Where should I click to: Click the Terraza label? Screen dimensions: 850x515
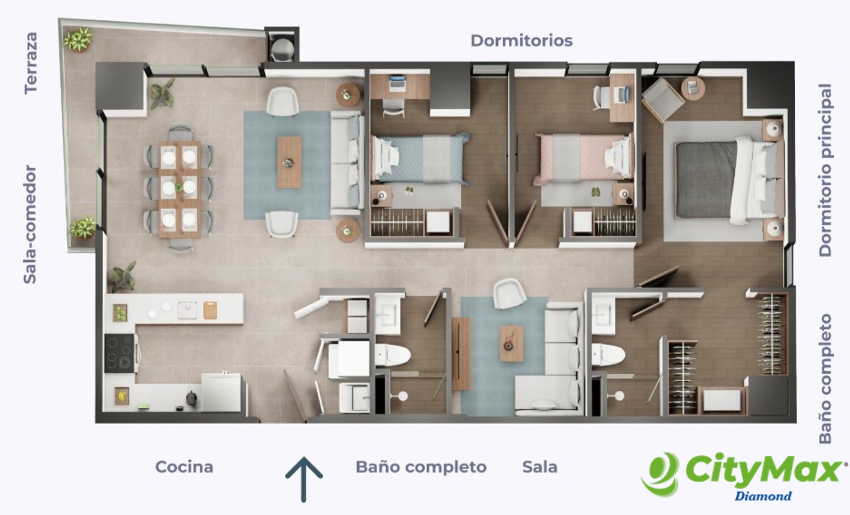click(31, 63)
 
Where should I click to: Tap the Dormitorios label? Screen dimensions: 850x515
click(521, 41)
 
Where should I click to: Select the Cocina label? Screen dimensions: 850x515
click(184, 467)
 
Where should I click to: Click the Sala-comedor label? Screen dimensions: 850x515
click(30, 225)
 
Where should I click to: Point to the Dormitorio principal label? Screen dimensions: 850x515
click(826, 170)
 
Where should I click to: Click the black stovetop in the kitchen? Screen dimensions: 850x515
click(120, 353)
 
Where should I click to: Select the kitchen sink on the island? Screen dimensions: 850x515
click(188, 310)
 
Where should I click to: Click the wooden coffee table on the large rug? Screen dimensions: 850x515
click(290, 162)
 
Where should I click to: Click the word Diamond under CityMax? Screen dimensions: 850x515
click(763, 496)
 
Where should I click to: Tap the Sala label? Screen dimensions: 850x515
click(540, 467)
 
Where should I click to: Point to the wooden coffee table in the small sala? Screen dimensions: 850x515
click(512, 344)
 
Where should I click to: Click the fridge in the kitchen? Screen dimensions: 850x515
click(221, 393)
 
